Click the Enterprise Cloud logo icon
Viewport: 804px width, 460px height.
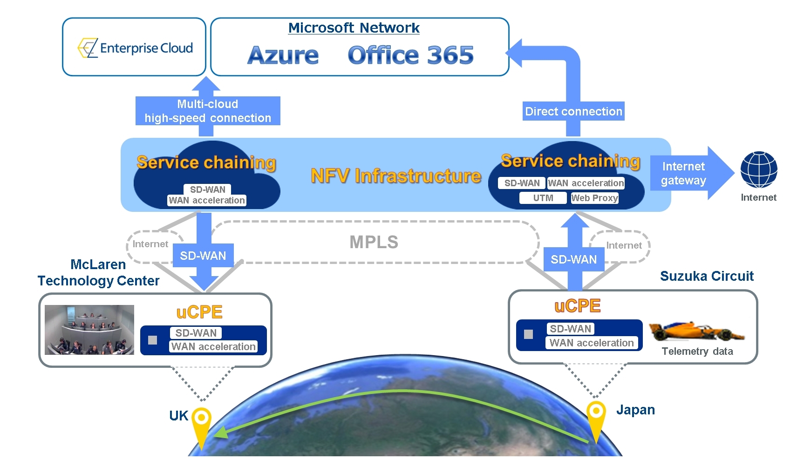click(88, 48)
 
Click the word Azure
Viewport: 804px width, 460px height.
click(283, 55)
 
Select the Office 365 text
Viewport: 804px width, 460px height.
click(410, 55)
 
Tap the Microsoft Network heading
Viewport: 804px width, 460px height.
click(354, 28)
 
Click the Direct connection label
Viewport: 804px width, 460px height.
click(573, 111)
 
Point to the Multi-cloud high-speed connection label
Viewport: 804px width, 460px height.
click(208, 111)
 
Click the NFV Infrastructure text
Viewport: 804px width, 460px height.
click(395, 176)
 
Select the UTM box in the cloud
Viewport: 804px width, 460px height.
click(543, 198)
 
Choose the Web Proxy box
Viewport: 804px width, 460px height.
click(594, 198)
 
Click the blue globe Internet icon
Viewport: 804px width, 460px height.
click(758, 169)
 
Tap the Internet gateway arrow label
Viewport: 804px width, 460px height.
click(683, 173)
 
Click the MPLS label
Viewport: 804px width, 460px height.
click(374, 242)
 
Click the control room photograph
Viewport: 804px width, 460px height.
click(89, 330)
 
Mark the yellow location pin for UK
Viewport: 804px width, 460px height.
click(202, 422)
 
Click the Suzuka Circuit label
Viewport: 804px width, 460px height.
click(706, 276)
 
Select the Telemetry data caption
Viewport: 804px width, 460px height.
click(697, 351)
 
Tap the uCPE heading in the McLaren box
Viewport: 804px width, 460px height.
click(199, 312)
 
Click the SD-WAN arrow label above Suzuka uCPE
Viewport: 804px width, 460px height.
click(573, 259)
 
